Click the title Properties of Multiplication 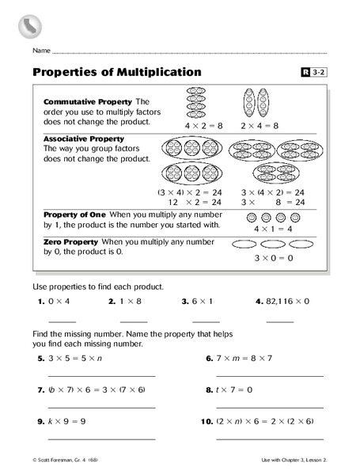pyautogui.click(x=117, y=72)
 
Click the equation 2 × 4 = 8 pyautogui.click(x=257, y=125)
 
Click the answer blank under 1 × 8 pyautogui.click(x=134, y=321)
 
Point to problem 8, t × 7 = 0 pyautogui.click(x=233, y=390)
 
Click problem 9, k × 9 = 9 pyautogui.click(x=66, y=422)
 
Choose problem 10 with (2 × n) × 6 pyautogui.click(x=263, y=422)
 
